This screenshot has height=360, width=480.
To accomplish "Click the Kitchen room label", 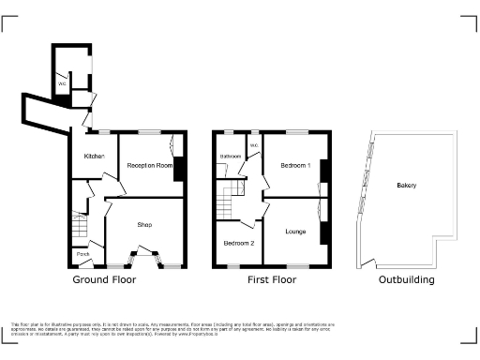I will point(94,156).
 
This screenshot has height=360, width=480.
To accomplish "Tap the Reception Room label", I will point(150,165).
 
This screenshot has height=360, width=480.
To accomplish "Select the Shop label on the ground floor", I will point(144,224).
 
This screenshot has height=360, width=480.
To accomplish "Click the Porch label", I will point(82,254).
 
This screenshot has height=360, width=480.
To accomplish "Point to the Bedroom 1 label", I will point(295,166).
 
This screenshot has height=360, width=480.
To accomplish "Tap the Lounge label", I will point(295,231).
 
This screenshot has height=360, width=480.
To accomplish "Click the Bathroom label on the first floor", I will point(231,156).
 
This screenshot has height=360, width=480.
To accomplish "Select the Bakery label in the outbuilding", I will point(406,186).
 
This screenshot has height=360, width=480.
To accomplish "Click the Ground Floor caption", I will point(104,279).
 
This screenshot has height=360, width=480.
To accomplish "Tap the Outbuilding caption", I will point(406,279).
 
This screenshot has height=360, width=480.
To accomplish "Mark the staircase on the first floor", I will point(227,197).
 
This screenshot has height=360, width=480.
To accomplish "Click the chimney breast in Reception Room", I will point(178,170).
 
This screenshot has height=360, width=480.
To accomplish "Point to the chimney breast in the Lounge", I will point(324,232).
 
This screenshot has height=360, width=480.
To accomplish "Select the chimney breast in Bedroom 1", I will point(324,171).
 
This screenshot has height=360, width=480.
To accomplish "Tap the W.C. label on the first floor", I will point(253,144).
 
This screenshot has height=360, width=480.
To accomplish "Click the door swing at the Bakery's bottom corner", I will point(370,263).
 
